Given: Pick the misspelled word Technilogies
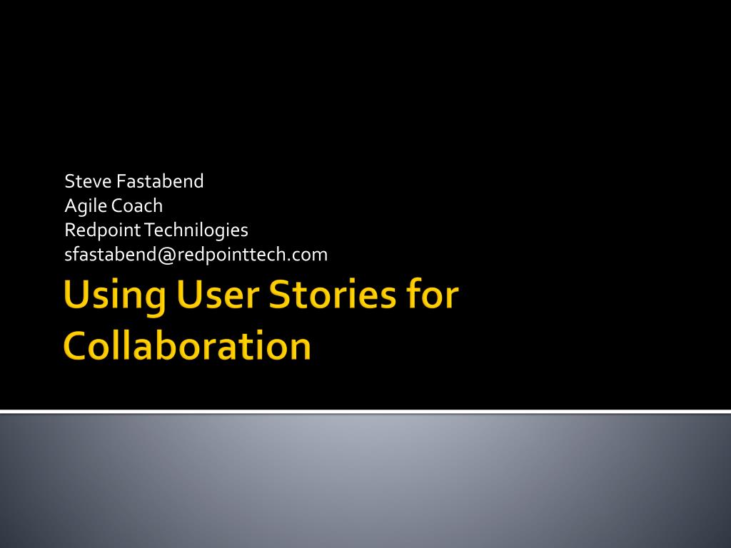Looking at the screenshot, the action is [196, 230].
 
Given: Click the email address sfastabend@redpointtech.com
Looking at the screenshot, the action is [196, 255].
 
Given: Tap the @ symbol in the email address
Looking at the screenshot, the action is [166, 255].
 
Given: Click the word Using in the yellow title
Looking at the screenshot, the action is [114, 296].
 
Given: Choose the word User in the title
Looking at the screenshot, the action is [217, 295].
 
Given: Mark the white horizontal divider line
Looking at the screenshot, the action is [365, 412].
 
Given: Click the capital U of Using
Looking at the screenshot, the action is [76, 295].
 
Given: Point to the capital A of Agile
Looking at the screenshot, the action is [71, 205].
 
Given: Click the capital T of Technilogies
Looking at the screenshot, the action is [148, 229].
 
